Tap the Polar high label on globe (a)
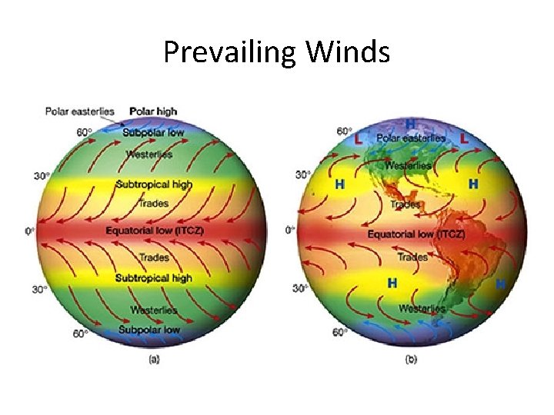click(x=153, y=111)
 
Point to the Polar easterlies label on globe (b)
click(x=411, y=138)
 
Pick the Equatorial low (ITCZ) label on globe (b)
click(x=415, y=233)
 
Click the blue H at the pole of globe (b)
click(x=411, y=123)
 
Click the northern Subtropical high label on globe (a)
click(x=154, y=184)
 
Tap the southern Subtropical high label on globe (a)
click(x=154, y=277)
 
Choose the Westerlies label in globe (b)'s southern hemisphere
click(x=422, y=308)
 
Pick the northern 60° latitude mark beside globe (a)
click(x=83, y=131)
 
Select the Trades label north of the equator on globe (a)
click(x=153, y=203)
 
